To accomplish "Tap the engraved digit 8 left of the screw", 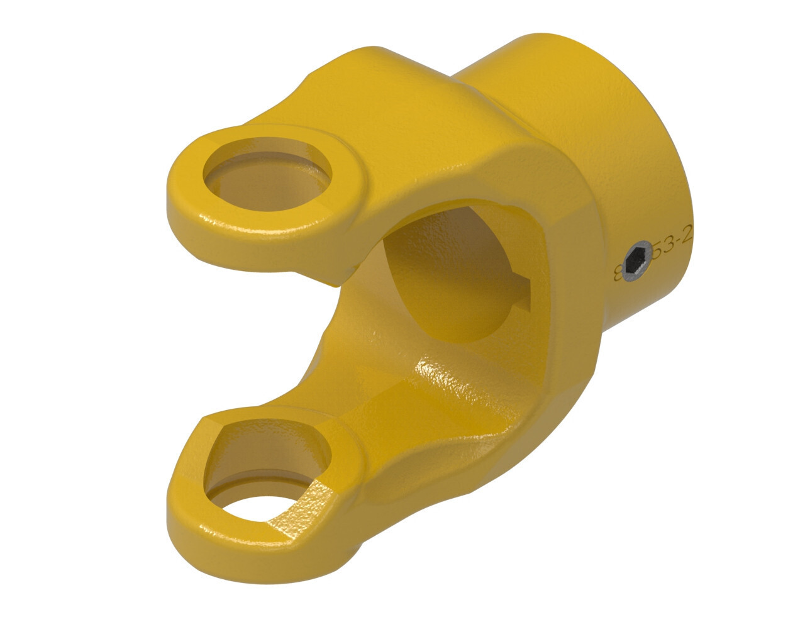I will tap(618, 273).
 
